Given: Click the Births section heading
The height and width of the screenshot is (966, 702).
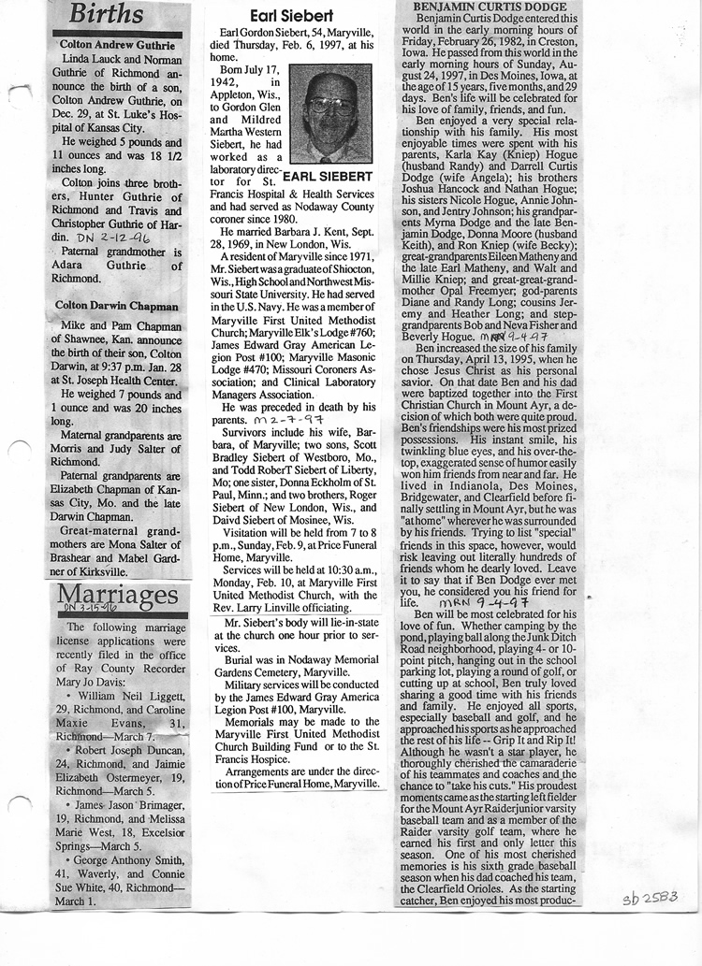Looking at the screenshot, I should pos(108,15).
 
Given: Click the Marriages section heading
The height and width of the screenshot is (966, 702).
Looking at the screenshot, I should pos(118,595).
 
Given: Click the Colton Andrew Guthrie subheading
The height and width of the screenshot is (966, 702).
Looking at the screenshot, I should pos(117,44).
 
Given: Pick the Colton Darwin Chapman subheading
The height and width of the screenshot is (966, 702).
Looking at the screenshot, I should pos(116,305).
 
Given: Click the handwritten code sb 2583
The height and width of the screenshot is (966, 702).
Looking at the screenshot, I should pos(650,900).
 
